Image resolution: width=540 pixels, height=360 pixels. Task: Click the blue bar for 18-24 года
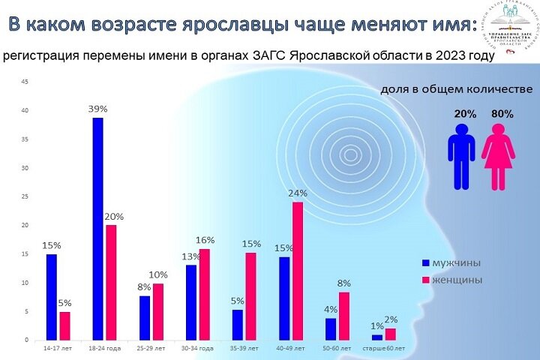pyautogui.click(x=97, y=229)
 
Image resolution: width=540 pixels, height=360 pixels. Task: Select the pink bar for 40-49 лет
pyautogui.click(x=298, y=271)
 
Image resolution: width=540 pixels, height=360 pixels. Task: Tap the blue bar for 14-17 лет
pyautogui.click(x=51, y=297)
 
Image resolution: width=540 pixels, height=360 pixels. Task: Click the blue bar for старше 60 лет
pyautogui.click(x=376, y=337)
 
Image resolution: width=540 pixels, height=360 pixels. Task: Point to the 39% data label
pyautogui.click(x=99, y=109)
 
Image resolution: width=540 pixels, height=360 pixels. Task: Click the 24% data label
pyautogui.click(x=298, y=193)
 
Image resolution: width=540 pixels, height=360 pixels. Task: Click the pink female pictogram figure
pyautogui.click(x=498, y=156)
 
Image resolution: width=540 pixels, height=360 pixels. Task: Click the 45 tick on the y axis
pyautogui.click(x=25, y=82)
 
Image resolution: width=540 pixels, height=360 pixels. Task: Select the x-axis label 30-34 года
pyautogui.click(x=197, y=349)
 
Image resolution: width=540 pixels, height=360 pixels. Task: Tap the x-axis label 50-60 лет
pyautogui.click(x=337, y=349)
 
